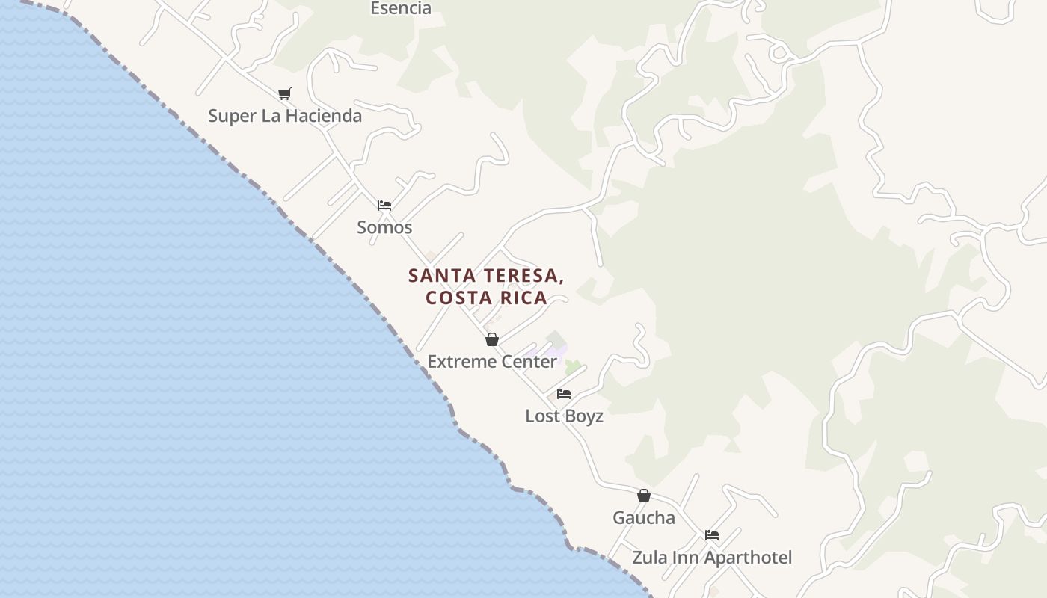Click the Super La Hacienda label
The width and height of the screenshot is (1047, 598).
284,116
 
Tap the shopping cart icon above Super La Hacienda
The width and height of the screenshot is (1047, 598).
284,93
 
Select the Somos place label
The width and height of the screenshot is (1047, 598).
384,227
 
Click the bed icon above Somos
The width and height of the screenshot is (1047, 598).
384,205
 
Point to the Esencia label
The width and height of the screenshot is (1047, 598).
401,8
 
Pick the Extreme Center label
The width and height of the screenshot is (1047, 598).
491,362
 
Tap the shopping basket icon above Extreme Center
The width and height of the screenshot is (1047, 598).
492,339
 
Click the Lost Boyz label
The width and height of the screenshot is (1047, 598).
564,416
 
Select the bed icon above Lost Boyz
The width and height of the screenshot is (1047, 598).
564,394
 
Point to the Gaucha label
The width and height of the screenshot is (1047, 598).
643,518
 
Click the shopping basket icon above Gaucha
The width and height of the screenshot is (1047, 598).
644,496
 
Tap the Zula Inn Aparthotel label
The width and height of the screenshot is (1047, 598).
711,558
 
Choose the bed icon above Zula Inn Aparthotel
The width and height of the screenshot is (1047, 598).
712,535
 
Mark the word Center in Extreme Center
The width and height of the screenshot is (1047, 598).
530,362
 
